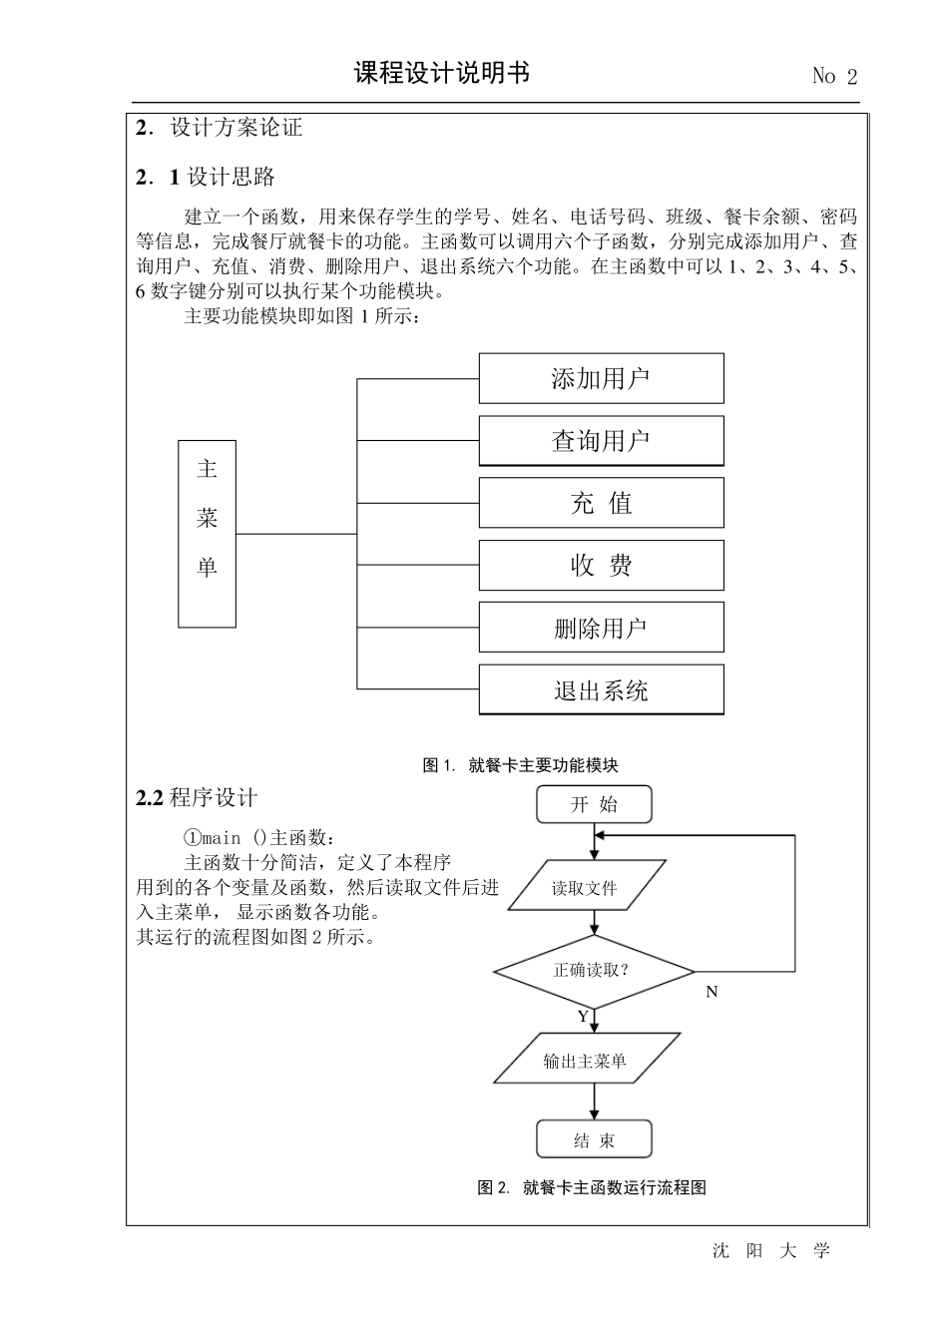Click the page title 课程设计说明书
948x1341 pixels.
[442, 73]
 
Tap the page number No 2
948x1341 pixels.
[834, 76]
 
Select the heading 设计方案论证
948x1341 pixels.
[236, 128]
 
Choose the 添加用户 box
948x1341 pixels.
[601, 378]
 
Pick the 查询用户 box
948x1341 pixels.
[601, 441]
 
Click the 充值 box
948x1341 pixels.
[601, 503]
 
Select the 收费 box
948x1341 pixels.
[601, 566]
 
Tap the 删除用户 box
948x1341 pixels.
[601, 628]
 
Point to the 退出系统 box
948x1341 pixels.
[601, 690]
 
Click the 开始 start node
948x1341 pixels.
[594, 804]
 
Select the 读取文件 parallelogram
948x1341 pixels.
[586, 887]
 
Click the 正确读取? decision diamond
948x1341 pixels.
[594, 970]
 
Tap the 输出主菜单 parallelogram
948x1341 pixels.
[587, 1061]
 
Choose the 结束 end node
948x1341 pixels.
[594, 1140]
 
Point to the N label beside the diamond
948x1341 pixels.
[711, 992]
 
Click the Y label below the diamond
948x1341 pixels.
[583, 1017]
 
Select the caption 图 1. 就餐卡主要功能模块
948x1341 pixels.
[521, 765]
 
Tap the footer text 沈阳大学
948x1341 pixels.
[771, 1251]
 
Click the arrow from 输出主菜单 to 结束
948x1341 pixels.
[594, 1102]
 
